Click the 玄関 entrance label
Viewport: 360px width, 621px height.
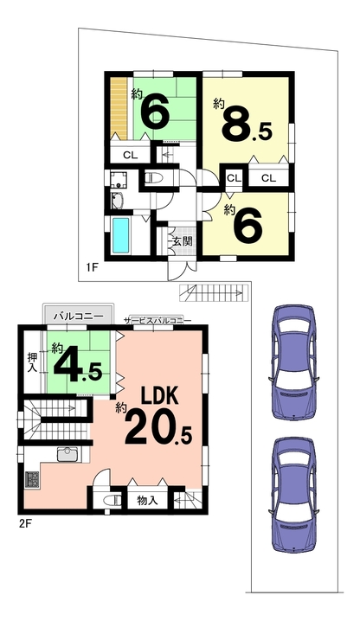pyautogui.click(x=183, y=240)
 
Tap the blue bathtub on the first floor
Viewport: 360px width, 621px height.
pyautogui.click(x=121, y=235)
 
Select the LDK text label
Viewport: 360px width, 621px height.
pyautogui.click(x=160, y=394)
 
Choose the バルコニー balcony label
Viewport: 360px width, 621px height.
pyautogui.click(x=79, y=317)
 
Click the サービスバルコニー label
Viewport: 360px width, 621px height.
pyautogui.click(x=157, y=320)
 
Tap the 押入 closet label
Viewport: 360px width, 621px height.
pyautogui.click(x=32, y=362)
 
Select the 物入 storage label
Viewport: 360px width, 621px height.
pyautogui.click(x=147, y=500)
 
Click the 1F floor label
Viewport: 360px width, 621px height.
pyautogui.click(x=92, y=268)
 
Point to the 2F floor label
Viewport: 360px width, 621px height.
pyautogui.click(x=25, y=524)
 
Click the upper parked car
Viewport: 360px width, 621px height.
pyautogui.click(x=293, y=362)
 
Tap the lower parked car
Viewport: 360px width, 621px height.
pyautogui.click(x=293, y=495)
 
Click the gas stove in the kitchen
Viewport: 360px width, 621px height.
pyautogui.click(x=33, y=479)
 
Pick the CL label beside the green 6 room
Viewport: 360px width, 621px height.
pyautogui.click(x=130, y=156)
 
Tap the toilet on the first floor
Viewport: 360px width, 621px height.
pyautogui.click(x=154, y=179)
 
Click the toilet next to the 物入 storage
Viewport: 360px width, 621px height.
pyautogui.click(x=112, y=500)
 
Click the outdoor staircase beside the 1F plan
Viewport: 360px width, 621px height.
pyautogui.click(x=213, y=293)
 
